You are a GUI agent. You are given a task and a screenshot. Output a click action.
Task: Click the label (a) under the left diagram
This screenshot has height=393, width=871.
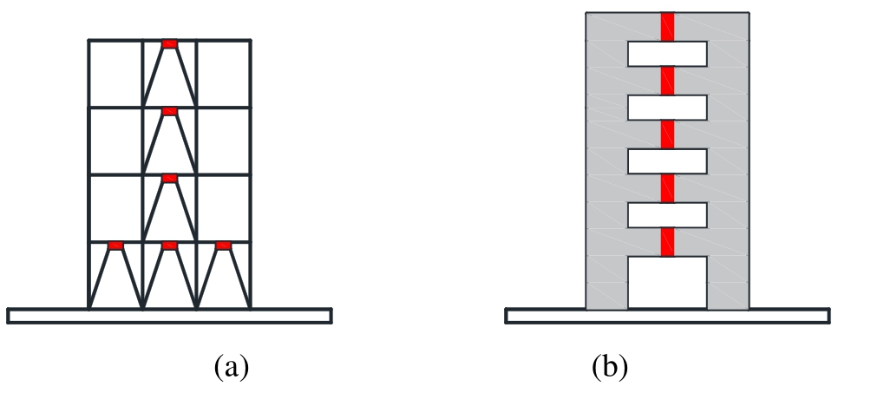pyautogui.click(x=231, y=368)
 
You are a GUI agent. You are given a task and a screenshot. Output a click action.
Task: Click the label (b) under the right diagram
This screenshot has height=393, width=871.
pyautogui.click(x=610, y=368)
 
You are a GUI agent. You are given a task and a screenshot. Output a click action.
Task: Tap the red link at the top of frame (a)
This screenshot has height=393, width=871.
pyautogui.click(x=169, y=44)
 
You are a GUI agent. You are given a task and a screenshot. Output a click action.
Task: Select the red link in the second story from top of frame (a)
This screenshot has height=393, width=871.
pyautogui.click(x=169, y=111)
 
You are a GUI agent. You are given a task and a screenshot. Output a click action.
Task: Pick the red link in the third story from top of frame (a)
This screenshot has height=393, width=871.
pyautogui.click(x=169, y=179)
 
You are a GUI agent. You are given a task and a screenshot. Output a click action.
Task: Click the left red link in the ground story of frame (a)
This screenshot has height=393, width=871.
pyautogui.click(x=115, y=246)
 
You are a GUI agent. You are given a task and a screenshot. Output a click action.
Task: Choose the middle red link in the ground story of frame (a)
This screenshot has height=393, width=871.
pyautogui.click(x=169, y=246)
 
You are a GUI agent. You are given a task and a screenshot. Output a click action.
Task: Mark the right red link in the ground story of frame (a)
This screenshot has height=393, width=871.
pyautogui.click(x=223, y=246)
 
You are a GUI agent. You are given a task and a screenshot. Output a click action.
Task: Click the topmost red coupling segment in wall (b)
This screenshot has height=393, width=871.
pyautogui.click(x=667, y=27)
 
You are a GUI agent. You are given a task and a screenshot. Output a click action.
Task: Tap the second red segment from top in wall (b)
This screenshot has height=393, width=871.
pyautogui.click(x=667, y=81)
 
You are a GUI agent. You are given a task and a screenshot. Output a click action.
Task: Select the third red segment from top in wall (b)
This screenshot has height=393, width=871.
pyautogui.click(x=667, y=134)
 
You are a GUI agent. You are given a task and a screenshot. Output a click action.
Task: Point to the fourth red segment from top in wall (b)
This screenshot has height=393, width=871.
pyautogui.click(x=667, y=188)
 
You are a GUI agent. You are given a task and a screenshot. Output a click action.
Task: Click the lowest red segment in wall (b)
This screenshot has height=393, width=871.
pyautogui.click(x=667, y=242)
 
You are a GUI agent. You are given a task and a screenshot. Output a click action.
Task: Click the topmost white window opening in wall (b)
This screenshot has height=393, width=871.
pyautogui.click(x=667, y=54)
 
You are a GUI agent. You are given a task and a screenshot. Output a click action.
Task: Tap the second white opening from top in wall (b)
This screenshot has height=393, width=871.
pyautogui.click(x=667, y=108)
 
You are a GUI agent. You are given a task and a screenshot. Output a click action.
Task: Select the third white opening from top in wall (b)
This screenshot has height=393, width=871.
pyautogui.click(x=667, y=161)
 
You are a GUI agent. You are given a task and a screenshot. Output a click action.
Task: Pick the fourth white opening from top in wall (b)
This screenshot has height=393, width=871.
pyautogui.click(x=667, y=215)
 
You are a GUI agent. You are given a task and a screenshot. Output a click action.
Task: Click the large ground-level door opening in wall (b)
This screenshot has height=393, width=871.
pyautogui.click(x=667, y=282)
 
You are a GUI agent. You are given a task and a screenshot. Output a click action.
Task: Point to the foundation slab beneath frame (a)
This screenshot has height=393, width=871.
pyautogui.click(x=169, y=316)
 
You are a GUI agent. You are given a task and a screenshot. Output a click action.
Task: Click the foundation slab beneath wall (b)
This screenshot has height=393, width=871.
pyautogui.click(x=667, y=316)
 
